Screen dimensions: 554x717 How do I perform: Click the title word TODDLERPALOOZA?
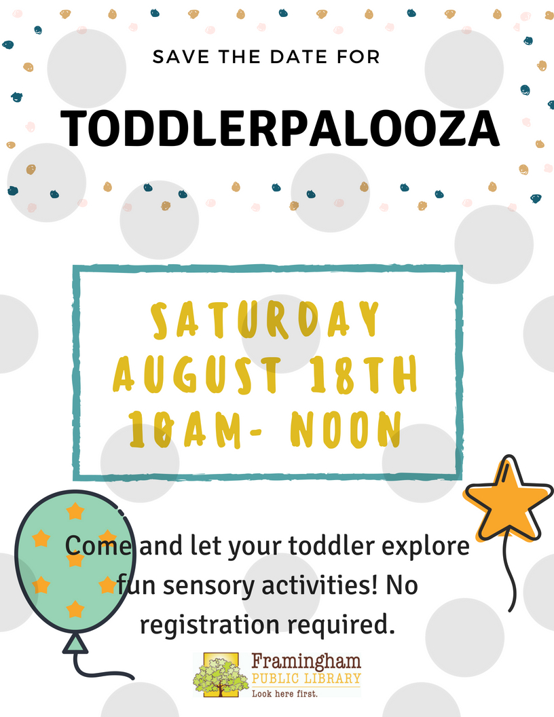click(280, 128)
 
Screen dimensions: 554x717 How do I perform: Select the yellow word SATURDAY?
click(265, 320)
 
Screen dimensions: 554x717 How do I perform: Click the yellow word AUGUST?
click(197, 375)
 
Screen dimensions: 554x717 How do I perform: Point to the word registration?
click(209, 625)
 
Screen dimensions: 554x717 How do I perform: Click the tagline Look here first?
click(284, 693)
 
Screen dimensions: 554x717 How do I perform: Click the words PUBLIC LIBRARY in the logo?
click(306, 678)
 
